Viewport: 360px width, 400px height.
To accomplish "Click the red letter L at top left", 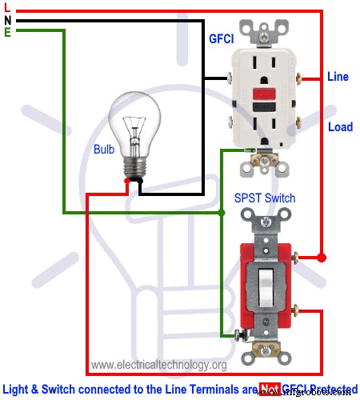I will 6,8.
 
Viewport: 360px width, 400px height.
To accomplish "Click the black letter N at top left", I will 6,20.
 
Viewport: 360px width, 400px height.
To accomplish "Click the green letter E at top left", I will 6,32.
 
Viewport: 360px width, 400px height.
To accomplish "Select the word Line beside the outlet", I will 337,78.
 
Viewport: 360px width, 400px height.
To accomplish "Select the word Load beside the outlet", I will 339,127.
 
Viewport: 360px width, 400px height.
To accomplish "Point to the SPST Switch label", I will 265,198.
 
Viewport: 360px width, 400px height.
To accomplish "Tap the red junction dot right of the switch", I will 322,258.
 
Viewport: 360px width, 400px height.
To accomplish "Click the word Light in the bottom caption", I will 19,390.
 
